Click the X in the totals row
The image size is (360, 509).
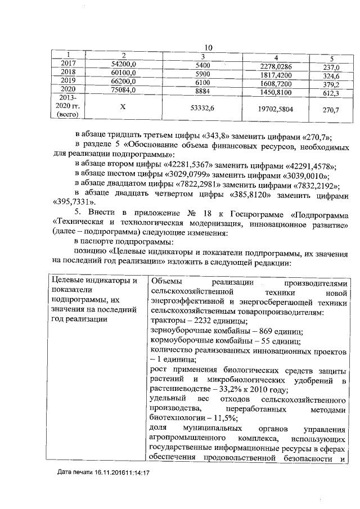pyautogui.click(x=123, y=110)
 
